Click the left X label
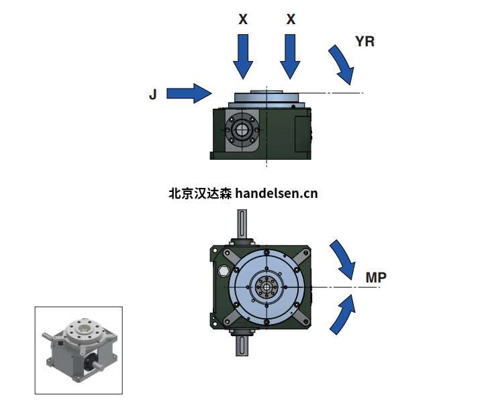pyautogui.click(x=243, y=19)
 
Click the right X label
pyautogui.click(x=291, y=19)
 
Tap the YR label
pyautogui.click(x=364, y=41)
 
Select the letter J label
pyautogui.click(x=153, y=94)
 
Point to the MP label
pyautogui.click(x=376, y=277)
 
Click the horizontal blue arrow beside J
pyautogui.click(x=189, y=93)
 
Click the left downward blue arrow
pyautogui.click(x=243, y=57)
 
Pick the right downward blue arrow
pyautogui.click(x=290, y=57)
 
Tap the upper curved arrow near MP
pyautogui.click(x=343, y=260)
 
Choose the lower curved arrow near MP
pyautogui.click(x=343, y=315)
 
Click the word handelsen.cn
pyautogui.click(x=277, y=194)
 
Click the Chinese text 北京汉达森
pyautogui.click(x=200, y=194)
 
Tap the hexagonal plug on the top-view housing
pyautogui.click(x=223, y=272)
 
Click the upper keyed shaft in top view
pyautogui.click(x=242, y=225)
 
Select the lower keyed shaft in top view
pyautogui.click(x=242, y=345)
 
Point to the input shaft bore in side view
pyautogui.click(x=241, y=130)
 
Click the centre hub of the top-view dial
pyautogui.click(x=266, y=287)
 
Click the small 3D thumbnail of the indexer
pyautogui.click(x=79, y=350)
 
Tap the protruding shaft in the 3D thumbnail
pyautogui.click(x=97, y=364)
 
